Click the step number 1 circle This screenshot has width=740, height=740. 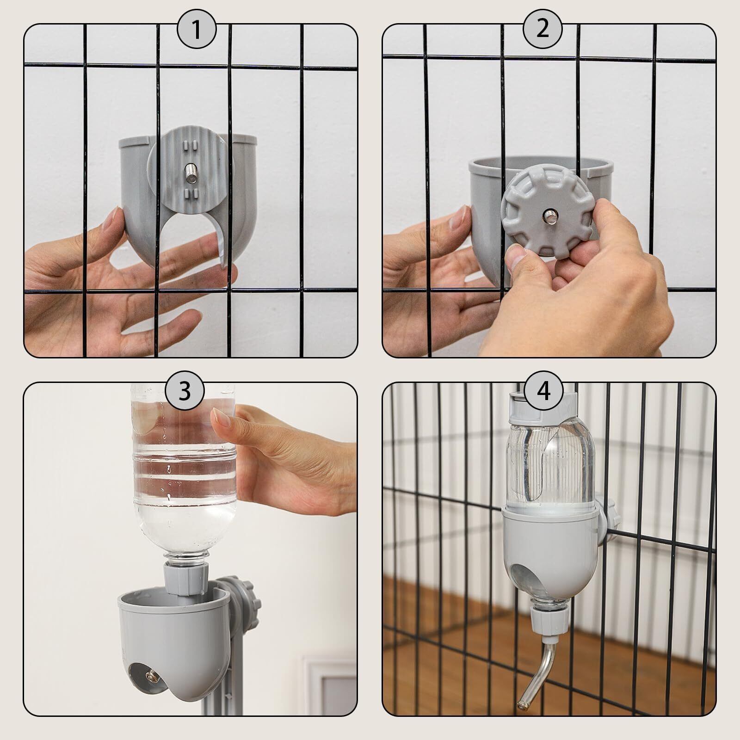[197, 31]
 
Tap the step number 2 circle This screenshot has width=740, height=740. [543, 29]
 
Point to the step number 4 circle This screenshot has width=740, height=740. [544, 391]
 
